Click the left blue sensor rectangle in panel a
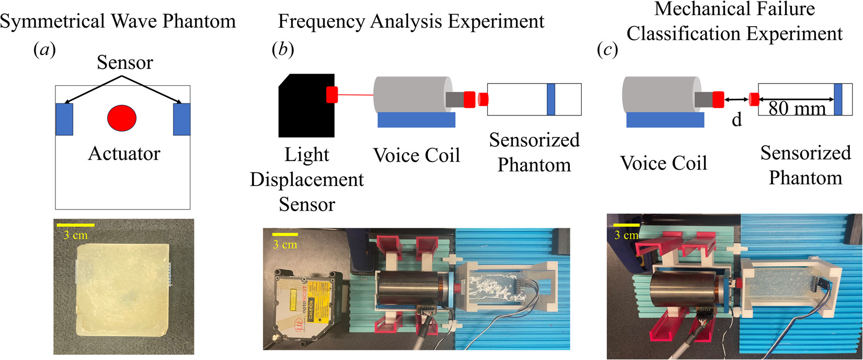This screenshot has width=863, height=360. coord(64,119)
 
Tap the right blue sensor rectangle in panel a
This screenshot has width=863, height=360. coord(181,119)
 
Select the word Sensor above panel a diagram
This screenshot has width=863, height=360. coord(125,63)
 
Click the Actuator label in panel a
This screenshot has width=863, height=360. coord(124,154)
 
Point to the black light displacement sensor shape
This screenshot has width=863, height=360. coord(306,106)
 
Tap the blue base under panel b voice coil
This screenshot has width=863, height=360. coord(416,120)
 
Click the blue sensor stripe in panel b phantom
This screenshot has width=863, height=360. coord(550,99)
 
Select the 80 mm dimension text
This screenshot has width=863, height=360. coord(797,108)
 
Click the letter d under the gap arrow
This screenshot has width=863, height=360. coord(737,120)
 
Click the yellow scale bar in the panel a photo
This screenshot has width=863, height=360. coord(75,225)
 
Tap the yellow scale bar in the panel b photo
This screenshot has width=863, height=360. coord(285,234)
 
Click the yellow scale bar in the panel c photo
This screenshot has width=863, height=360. coord(626,225)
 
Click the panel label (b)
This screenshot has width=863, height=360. coord(283,50)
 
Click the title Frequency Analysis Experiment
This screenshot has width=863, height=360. coord(411,21)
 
